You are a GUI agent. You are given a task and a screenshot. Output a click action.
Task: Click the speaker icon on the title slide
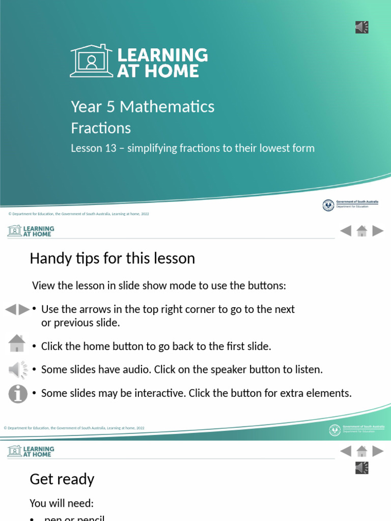coord(361,27)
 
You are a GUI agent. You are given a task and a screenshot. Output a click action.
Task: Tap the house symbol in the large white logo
coord(91,61)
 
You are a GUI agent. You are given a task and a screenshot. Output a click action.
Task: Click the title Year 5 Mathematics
coord(143,106)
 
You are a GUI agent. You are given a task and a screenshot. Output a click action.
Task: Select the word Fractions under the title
coord(101,128)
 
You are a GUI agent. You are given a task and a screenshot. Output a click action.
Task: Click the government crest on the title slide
coord(328,205)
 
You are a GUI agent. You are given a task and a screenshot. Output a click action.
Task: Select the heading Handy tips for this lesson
coord(112,258)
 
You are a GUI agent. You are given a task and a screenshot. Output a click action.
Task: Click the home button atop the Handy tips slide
coord(362,231)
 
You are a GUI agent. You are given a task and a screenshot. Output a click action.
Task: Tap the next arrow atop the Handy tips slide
coord(378,231)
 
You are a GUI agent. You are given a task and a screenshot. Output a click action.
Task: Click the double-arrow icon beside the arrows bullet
coord(17,309)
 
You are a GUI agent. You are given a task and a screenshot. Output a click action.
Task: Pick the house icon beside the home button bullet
coord(17,343)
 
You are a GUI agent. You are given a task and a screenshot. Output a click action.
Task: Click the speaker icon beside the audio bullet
coord(17,369)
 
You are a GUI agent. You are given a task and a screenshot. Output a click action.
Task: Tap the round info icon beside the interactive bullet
coord(18,393)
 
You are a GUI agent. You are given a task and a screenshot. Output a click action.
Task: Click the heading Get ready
coord(62,479)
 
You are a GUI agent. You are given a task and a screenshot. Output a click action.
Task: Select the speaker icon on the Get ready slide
coord(361,468)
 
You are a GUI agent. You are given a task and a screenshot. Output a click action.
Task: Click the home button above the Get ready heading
coord(362,451)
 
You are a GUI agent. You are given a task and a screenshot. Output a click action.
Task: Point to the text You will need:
coord(62,503)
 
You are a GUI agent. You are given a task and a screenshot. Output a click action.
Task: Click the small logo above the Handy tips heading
coord(31,231)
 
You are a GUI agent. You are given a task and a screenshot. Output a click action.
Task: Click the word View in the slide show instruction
coord(43,285)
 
